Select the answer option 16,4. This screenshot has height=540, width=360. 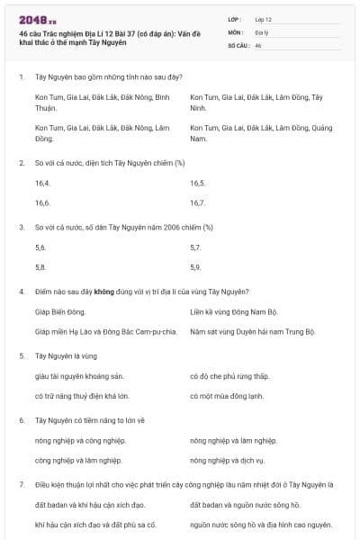(42, 183)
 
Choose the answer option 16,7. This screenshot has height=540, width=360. (198, 202)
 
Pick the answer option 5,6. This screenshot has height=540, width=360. (40, 247)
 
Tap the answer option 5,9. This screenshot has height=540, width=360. (196, 266)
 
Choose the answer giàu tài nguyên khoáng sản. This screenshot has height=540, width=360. (77, 375)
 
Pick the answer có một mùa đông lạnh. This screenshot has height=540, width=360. (226, 395)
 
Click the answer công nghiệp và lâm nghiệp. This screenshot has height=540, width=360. (78, 460)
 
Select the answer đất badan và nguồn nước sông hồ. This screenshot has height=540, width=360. (246, 504)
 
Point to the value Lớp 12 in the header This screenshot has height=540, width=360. (265, 18)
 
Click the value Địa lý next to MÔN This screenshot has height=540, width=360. (262, 31)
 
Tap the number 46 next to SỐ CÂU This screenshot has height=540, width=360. (258, 44)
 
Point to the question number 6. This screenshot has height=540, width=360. (21, 420)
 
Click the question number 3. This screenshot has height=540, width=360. (21, 227)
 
